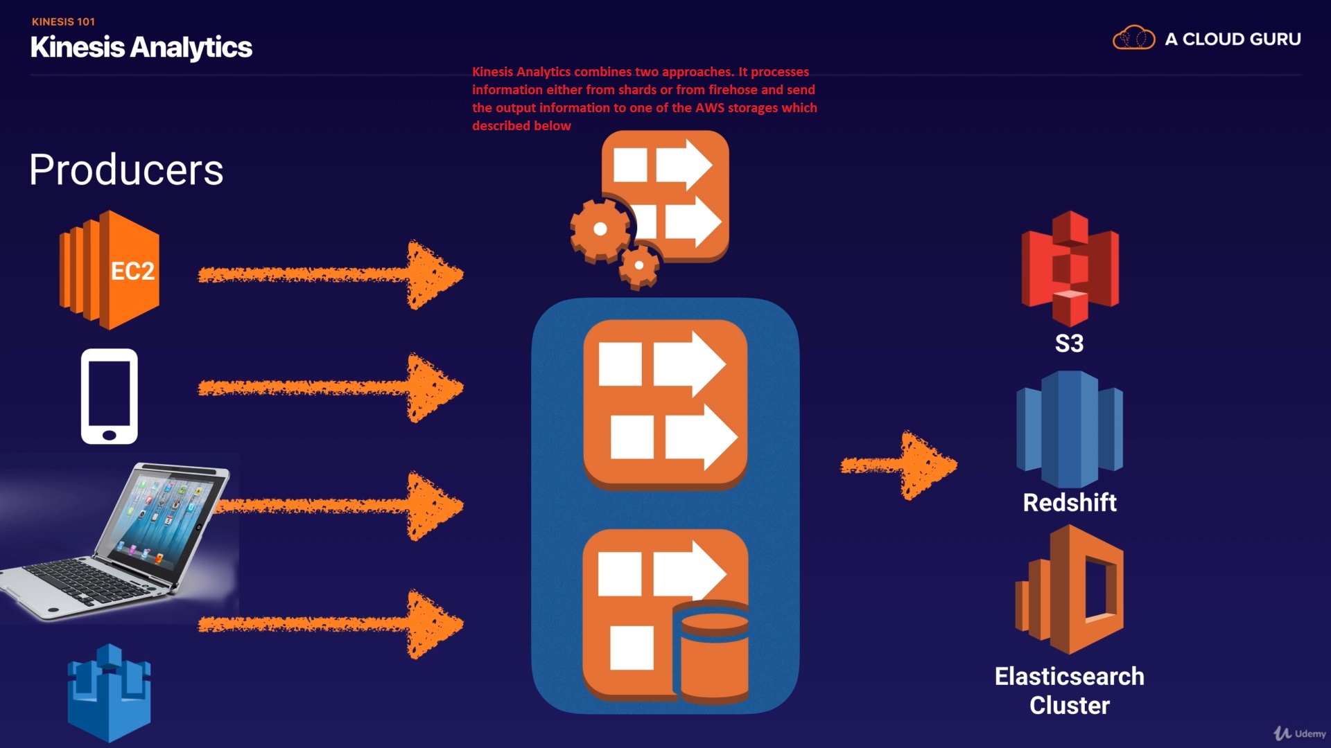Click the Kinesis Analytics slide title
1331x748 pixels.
pyautogui.click(x=141, y=47)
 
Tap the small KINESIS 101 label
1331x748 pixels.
pyautogui.click(x=63, y=21)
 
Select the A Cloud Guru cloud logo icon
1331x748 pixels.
pyautogui.click(x=1133, y=38)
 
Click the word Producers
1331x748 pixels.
pyautogui.click(x=126, y=170)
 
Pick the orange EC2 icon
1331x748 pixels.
pyautogui.click(x=110, y=270)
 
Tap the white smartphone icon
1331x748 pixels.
pyautogui.click(x=110, y=396)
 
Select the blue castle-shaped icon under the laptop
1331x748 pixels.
pyautogui.click(x=109, y=693)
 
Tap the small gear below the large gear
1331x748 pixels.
pyautogui.click(x=638, y=265)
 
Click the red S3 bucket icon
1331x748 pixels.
pyautogui.click(x=1070, y=269)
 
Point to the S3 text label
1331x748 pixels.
pyautogui.click(x=1069, y=344)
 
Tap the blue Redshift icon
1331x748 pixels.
pyautogui.click(x=1070, y=429)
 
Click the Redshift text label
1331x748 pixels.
pyautogui.click(x=1070, y=502)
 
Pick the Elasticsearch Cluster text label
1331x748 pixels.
pyautogui.click(x=1070, y=691)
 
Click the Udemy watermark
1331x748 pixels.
pyautogui.click(x=1300, y=733)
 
